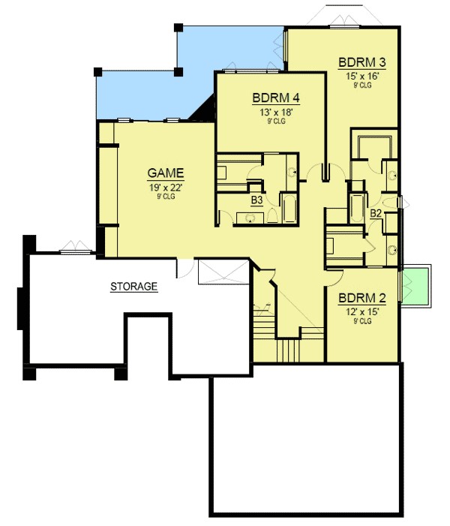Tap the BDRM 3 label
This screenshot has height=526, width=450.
pyautogui.click(x=362, y=62)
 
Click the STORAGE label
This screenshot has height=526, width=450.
pyautogui.click(x=134, y=286)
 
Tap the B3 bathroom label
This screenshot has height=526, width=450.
pyautogui.click(x=256, y=200)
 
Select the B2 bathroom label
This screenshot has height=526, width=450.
pyautogui.click(x=376, y=214)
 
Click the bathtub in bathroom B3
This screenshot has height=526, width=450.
pyautogui.click(x=289, y=209)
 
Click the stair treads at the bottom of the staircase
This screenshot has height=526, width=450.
pyautogui.click(x=289, y=350)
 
